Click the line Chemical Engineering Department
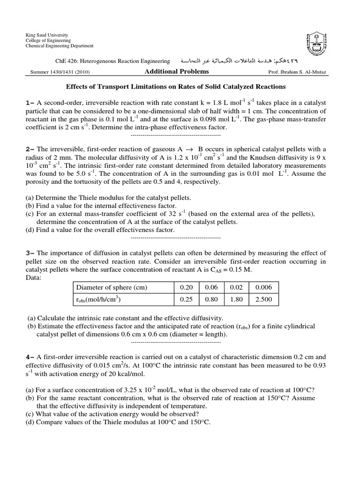(x=60, y=46)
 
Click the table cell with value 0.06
(x=211, y=287)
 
